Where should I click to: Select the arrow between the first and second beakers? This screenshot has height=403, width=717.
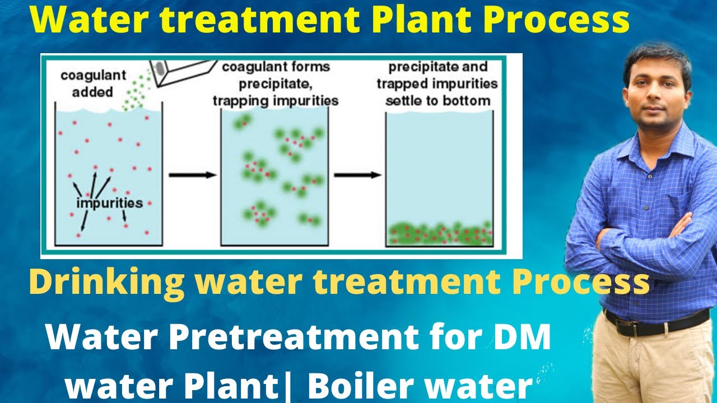tap(192, 175)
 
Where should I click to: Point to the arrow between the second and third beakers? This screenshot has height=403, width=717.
tap(357, 175)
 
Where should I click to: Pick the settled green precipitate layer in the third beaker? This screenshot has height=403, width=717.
tap(440, 234)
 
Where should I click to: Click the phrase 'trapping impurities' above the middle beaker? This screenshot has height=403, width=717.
tap(276, 101)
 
